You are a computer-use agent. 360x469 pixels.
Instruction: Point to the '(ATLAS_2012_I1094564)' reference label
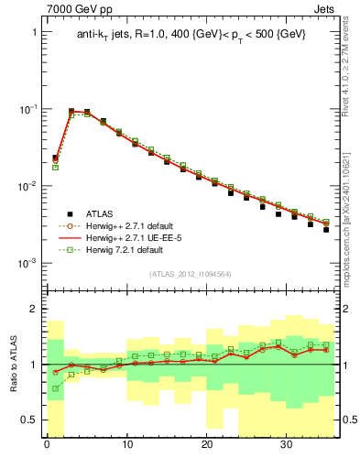pos(191,273)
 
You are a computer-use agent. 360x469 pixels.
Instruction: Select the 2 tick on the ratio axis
pos(35,309)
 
